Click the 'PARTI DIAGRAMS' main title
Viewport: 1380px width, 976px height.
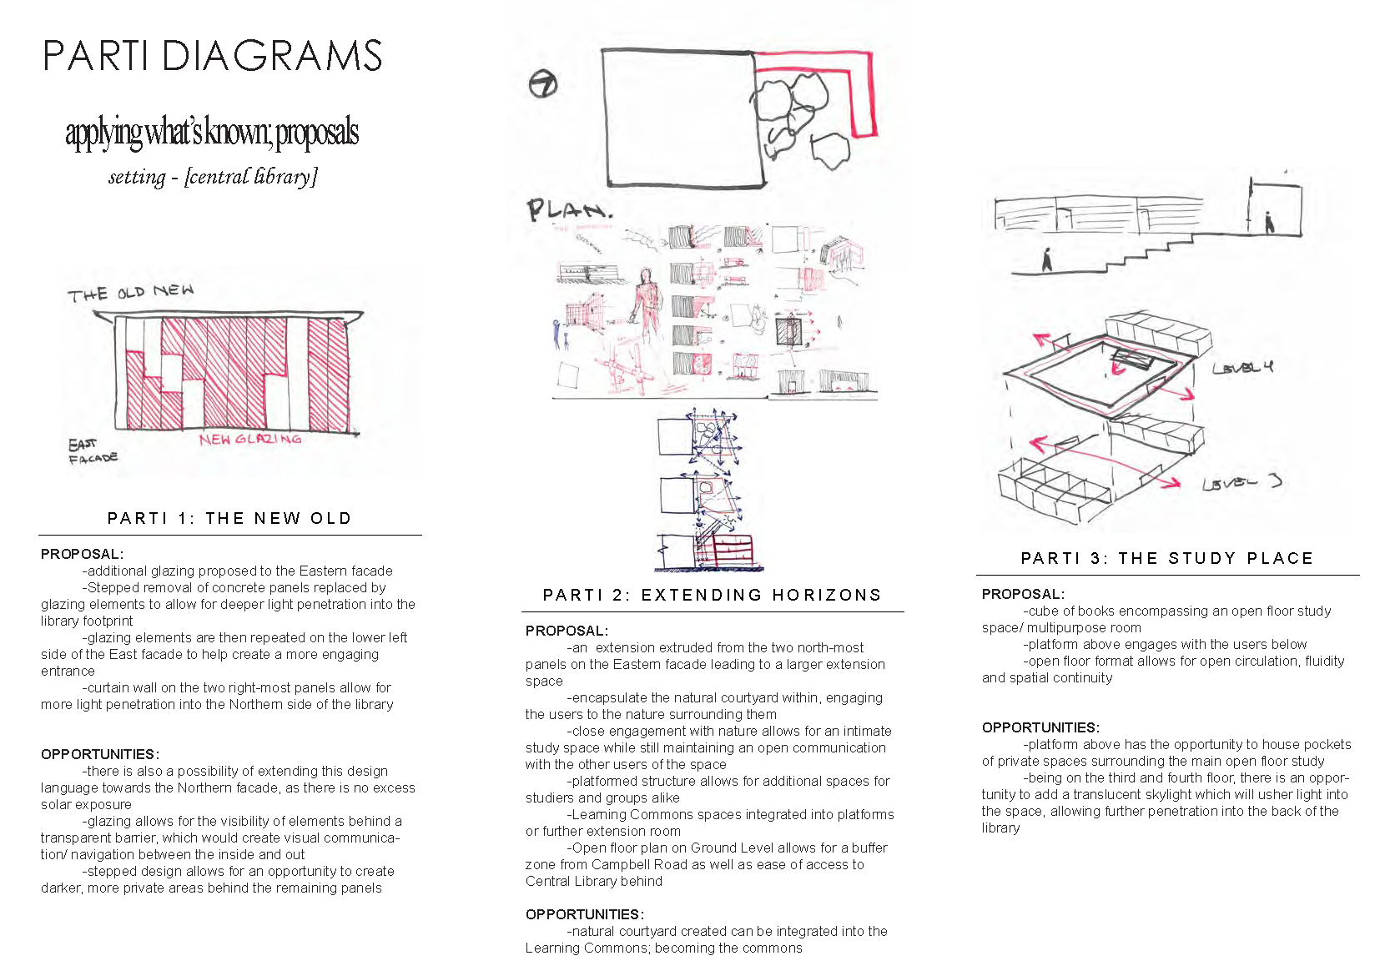(x=212, y=56)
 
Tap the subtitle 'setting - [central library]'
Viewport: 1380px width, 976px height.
(x=213, y=177)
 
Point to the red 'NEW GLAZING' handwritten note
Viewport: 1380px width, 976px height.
(x=250, y=440)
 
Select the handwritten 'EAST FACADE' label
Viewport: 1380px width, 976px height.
(x=92, y=451)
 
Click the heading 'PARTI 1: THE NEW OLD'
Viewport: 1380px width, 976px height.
(x=229, y=518)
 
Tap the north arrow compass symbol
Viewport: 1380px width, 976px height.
(x=543, y=83)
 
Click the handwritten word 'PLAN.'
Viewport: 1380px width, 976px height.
(x=569, y=210)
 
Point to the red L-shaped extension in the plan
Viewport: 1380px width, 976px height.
(x=864, y=92)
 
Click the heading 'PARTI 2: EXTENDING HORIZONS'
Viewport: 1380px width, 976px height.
(x=712, y=595)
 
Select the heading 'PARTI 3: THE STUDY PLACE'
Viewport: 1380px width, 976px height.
(x=1167, y=558)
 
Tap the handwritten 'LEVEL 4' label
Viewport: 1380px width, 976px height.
(x=1242, y=367)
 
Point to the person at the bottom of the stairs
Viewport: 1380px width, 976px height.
(x=1047, y=260)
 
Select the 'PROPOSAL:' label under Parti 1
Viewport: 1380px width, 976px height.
(x=82, y=554)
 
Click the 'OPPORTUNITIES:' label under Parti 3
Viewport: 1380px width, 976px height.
(x=1040, y=727)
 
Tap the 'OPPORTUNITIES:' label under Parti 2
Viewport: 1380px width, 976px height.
(x=584, y=914)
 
